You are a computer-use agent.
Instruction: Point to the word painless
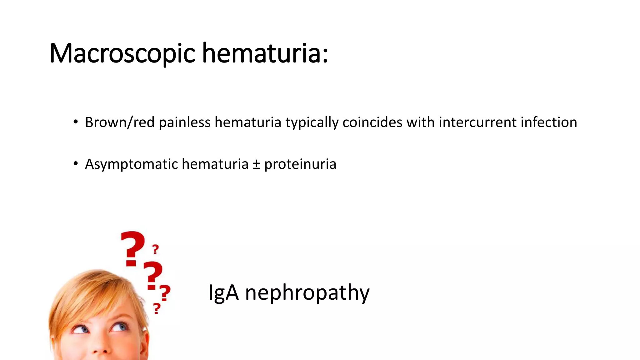click(x=184, y=122)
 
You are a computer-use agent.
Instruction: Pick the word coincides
click(x=372, y=122)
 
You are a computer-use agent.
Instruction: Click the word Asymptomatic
click(x=131, y=164)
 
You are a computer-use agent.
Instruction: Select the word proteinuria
click(x=300, y=164)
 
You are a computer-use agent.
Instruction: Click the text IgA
click(x=223, y=293)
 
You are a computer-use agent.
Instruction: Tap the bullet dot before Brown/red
click(x=76, y=122)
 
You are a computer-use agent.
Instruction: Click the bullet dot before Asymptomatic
click(x=76, y=164)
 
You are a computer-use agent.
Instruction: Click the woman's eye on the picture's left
click(x=81, y=329)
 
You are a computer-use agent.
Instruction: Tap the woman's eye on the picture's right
click(x=119, y=327)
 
